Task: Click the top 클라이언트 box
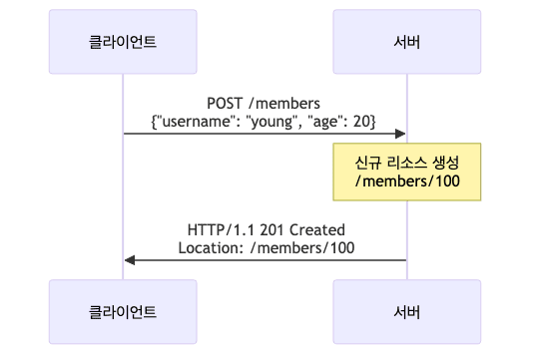pos(123,42)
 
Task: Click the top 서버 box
pos(406,42)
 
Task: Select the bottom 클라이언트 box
pos(123,311)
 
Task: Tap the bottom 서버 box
pos(406,311)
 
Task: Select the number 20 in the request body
pos(362,120)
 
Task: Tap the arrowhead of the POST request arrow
pos(400,134)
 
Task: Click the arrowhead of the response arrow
pos(130,260)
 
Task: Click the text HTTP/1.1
pos(220,228)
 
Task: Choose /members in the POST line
pos(288,102)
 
